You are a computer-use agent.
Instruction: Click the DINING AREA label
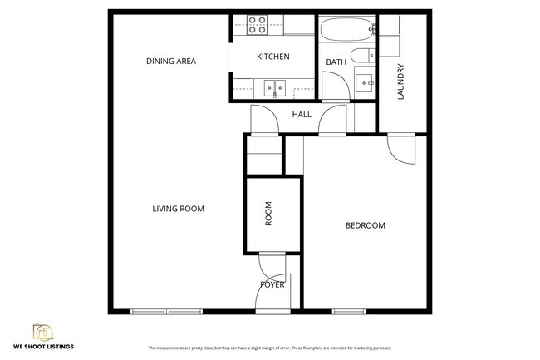(x=170, y=61)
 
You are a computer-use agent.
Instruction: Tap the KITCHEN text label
(x=272, y=57)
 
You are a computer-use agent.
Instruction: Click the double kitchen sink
(x=273, y=86)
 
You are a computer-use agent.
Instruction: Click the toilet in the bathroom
(x=361, y=57)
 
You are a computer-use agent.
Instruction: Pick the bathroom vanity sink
(x=363, y=82)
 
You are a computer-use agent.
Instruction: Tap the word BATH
(x=336, y=62)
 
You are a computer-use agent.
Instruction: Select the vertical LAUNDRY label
(x=400, y=81)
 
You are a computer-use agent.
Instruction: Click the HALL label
(x=302, y=114)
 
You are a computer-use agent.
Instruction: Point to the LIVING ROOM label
(x=178, y=209)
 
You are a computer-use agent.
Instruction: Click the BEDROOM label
(x=366, y=225)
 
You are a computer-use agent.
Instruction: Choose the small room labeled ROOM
(x=268, y=215)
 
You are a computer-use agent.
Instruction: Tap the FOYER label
(x=272, y=284)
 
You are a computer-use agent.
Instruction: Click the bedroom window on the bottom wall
(x=350, y=312)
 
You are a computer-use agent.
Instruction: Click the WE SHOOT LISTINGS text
(x=43, y=346)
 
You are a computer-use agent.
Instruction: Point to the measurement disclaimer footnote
(x=269, y=348)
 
